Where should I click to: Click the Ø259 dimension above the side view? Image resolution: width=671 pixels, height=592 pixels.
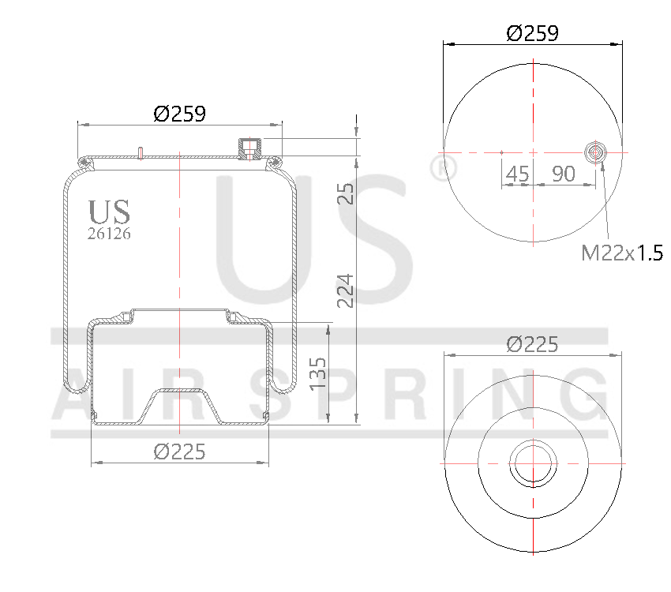point(179,114)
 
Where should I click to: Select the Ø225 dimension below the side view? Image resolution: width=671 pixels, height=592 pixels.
point(179,451)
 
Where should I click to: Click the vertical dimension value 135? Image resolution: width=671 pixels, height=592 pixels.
point(317,373)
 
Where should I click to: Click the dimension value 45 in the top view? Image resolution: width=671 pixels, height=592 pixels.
point(517,174)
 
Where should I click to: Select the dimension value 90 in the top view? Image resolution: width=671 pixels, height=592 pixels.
point(563,174)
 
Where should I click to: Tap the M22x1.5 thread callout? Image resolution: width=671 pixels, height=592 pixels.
point(620,253)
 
